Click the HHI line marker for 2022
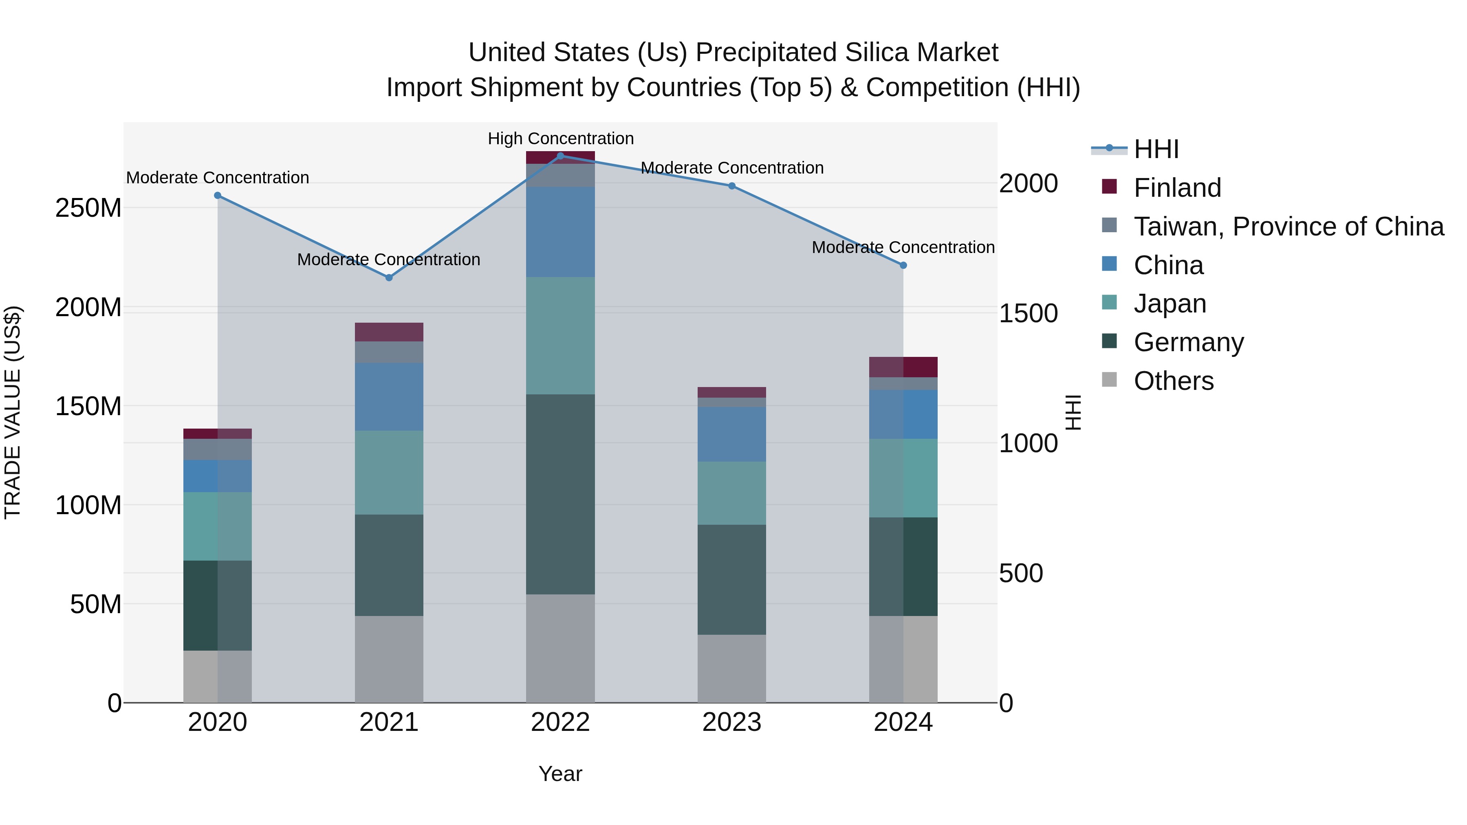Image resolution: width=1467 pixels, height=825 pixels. [x=560, y=156]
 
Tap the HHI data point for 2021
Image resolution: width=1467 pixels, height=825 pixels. [x=389, y=278]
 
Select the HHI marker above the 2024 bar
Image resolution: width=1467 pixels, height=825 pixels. [x=903, y=265]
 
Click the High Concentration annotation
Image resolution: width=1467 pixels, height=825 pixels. [x=560, y=139]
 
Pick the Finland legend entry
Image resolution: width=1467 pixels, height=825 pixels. [x=1177, y=188]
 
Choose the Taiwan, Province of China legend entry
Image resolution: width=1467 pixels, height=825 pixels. [x=1288, y=227]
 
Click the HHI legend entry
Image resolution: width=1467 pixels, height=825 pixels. [x=1156, y=149]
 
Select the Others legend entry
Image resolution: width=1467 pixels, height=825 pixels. [x=1173, y=381]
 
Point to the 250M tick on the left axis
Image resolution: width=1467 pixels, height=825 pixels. [x=88, y=208]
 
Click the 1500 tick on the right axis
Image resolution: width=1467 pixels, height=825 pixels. [x=1029, y=314]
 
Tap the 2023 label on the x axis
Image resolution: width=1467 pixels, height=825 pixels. [x=732, y=722]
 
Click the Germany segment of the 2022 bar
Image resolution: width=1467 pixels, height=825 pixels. [x=560, y=494]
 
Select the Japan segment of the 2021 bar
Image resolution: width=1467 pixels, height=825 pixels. [x=389, y=473]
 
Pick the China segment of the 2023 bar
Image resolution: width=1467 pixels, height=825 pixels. [x=732, y=434]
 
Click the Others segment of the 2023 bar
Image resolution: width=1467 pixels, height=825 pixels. [x=732, y=669]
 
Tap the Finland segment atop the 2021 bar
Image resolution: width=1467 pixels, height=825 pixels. [x=389, y=332]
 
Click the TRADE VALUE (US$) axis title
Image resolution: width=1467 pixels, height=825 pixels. [x=13, y=412]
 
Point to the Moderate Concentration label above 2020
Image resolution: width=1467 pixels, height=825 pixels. [x=218, y=178]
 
